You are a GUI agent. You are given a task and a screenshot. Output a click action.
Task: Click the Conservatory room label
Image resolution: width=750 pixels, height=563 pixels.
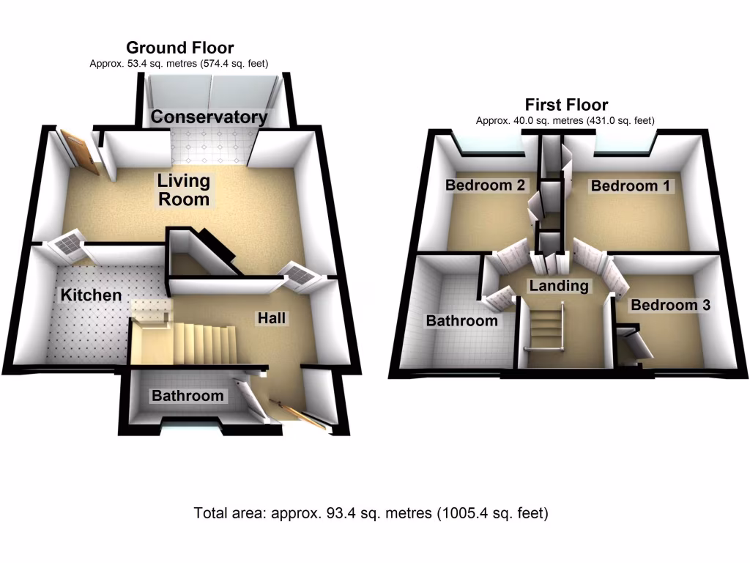coord(209,117)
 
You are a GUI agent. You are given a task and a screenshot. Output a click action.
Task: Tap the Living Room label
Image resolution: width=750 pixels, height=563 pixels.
coord(183,190)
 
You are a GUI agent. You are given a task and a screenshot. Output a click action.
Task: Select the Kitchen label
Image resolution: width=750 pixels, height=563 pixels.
coord(91,295)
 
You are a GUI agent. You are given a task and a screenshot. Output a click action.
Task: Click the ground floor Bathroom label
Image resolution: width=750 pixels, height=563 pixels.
coord(187,396)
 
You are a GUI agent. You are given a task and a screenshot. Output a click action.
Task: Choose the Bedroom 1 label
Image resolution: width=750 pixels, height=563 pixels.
coord(630,186)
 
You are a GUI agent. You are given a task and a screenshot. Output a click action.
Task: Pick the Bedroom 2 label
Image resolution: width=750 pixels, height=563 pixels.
coord(485,185)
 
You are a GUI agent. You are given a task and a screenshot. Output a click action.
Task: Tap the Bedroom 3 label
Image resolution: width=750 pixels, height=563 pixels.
coord(670,305)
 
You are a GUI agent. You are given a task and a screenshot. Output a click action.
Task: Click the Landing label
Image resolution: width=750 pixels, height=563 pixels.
coord(559,286)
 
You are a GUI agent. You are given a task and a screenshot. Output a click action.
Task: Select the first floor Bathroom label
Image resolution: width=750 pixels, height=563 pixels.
coord(462,320)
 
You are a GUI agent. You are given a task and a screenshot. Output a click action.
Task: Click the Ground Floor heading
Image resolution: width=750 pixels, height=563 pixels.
coord(180,48)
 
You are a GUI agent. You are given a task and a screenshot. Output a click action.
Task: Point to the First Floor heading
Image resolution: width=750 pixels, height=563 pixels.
coord(566,105)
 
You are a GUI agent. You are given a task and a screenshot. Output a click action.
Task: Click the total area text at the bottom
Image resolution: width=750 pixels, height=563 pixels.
coord(371,513)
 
